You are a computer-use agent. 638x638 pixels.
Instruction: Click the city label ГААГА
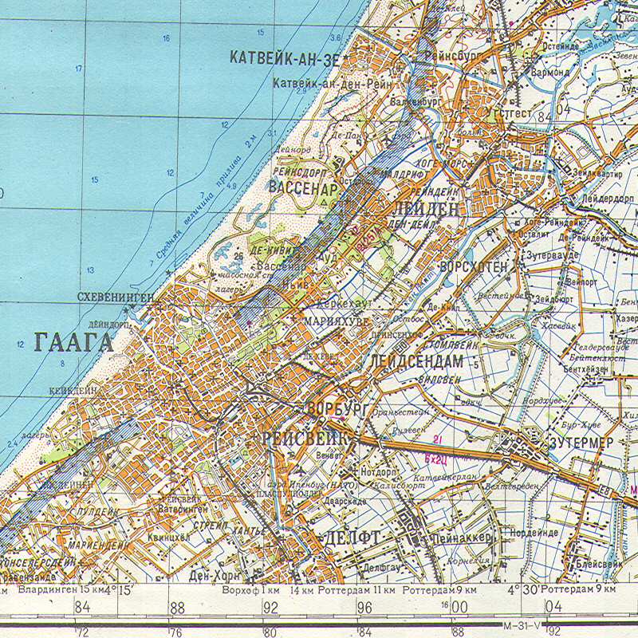[x=74, y=343]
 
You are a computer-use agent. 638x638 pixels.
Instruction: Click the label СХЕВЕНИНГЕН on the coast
[x=116, y=297]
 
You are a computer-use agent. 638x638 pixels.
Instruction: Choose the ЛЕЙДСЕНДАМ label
[x=416, y=361]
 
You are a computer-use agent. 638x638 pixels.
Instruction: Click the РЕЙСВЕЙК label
[x=305, y=438]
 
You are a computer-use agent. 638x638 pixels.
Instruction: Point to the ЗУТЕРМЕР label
[x=581, y=442]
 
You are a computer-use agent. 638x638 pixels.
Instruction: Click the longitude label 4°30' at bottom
[x=523, y=589]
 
